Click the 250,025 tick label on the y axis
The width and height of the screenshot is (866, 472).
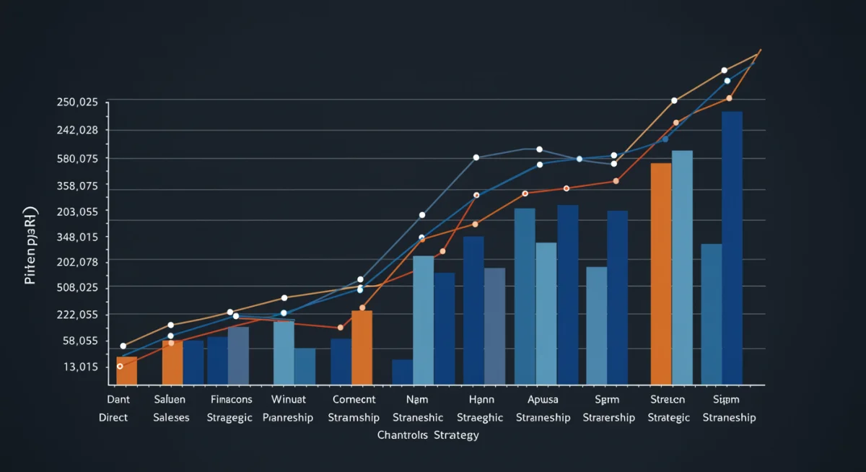(x=76, y=102)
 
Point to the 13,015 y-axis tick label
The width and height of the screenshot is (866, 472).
(x=77, y=367)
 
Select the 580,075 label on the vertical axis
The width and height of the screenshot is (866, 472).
(x=76, y=159)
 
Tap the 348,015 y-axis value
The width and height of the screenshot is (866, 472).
(x=76, y=237)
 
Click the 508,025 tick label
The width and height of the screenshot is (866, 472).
(x=76, y=288)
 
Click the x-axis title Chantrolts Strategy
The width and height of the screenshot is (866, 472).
(x=428, y=435)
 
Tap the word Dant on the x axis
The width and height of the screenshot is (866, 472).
(x=117, y=399)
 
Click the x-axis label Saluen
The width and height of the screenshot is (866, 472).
(x=170, y=399)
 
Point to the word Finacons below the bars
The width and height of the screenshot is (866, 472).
(x=232, y=399)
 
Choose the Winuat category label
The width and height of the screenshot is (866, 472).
(x=289, y=399)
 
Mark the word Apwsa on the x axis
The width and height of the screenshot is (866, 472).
(x=543, y=399)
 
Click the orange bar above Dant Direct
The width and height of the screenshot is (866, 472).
(x=126, y=370)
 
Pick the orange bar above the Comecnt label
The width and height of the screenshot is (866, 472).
(x=362, y=347)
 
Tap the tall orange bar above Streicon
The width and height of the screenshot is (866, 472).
(x=660, y=274)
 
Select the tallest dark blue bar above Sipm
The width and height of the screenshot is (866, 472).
(x=732, y=248)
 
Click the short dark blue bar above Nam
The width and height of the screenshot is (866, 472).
(x=402, y=372)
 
